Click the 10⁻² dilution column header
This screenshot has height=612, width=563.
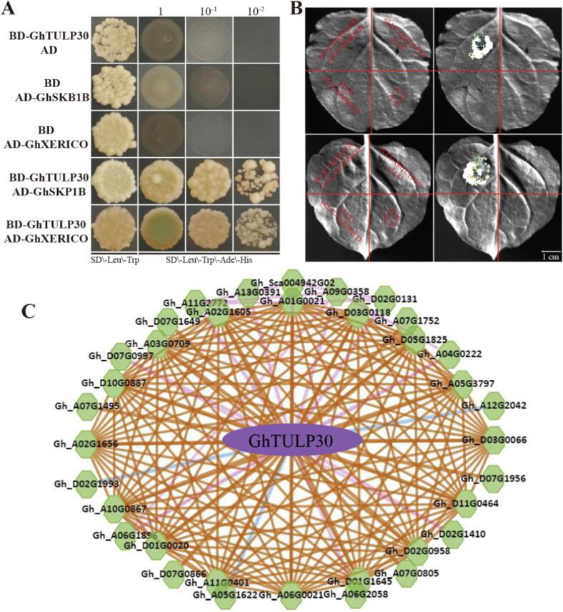pyautogui.click(x=254, y=11)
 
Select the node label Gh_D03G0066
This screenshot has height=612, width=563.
pyautogui.click(x=497, y=439)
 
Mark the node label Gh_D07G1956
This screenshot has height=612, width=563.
pyautogui.click(x=493, y=478)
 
